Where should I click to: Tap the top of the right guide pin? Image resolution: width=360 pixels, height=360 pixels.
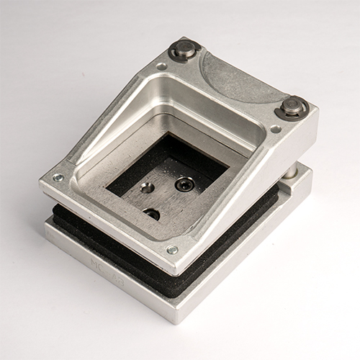[292, 106]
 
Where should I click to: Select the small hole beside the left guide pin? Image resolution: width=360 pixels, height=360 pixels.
[161, 66]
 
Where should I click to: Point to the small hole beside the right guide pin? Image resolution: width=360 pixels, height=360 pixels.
[275, 129]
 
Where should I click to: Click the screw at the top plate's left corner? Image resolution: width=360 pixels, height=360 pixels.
[58, 177]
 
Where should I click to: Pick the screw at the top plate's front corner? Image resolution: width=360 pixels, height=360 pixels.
[171, 250]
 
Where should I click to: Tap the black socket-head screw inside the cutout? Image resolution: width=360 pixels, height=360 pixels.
[184, 184]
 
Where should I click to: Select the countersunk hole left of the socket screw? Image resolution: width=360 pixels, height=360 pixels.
[147, 188]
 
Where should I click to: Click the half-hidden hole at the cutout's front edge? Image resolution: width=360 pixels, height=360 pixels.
[152, 214]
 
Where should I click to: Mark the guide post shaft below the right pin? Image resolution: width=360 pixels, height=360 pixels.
[289, 171]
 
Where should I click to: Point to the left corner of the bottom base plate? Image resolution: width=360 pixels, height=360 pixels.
[46, 234]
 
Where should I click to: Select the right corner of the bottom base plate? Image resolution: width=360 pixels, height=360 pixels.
[311, 173]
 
